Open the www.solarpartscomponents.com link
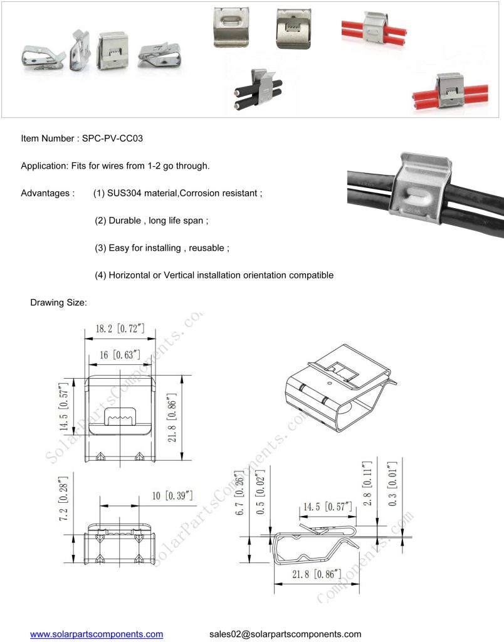97,634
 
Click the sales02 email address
285,634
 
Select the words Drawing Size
58,303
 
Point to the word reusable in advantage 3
208,248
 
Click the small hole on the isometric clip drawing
330,379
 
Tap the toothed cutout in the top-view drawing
119,415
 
